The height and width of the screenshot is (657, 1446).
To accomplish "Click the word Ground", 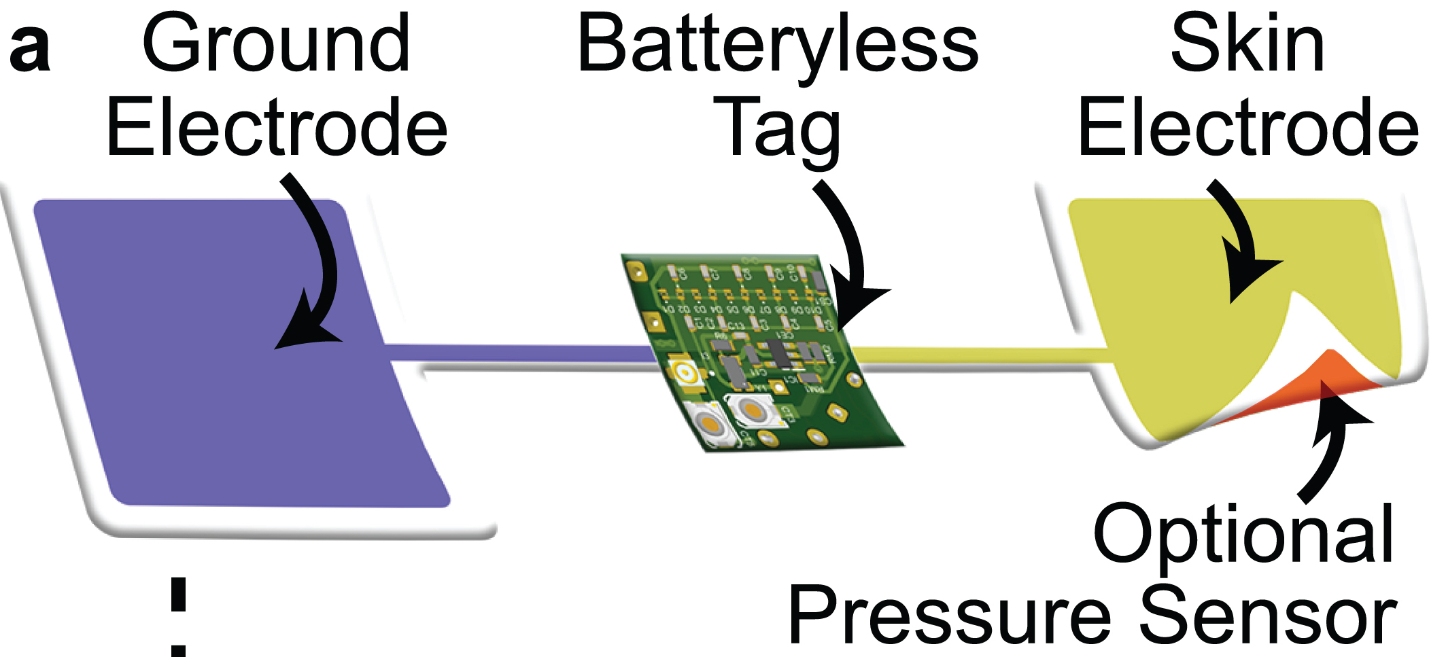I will [x=276, y=45].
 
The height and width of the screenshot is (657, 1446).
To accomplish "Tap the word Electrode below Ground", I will [x=277, y=127].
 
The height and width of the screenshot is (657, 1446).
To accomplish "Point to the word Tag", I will [x=776, y=129].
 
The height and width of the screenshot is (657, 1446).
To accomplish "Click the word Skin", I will [x=1247, y=45].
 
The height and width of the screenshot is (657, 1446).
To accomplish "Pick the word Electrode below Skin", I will [x=1248, y=127].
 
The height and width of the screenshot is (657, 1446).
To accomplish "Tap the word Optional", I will [x=1243, y=537].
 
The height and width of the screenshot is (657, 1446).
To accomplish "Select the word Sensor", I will [x=1267, y=615].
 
